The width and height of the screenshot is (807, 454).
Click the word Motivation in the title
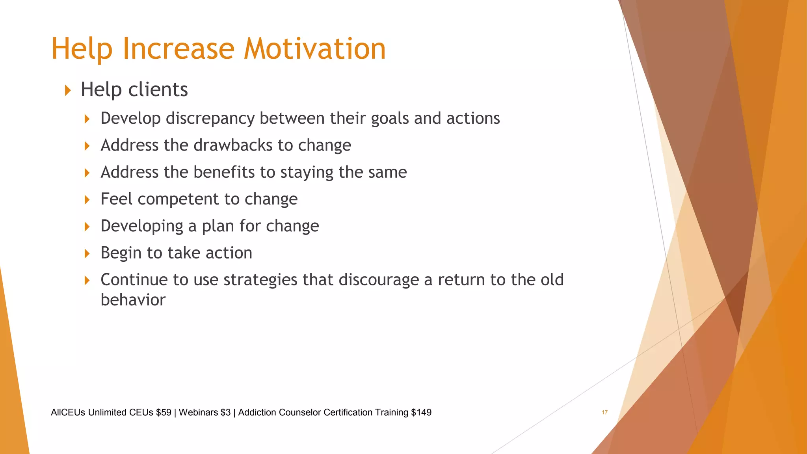coord(314,49)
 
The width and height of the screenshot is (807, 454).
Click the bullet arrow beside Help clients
coord(68,90)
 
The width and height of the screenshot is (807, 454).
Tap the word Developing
coord(142,226)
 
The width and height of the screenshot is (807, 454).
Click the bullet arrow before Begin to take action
coord(87,253)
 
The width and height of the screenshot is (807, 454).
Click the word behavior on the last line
coord(133,300)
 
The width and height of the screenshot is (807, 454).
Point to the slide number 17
coord(604,412)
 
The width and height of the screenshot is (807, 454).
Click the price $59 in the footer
coord(164,412)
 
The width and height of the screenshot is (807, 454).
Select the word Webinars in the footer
coord(198,412)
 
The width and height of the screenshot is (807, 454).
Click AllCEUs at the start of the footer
coord(68,412)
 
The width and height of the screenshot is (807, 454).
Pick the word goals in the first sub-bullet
coord(390,119)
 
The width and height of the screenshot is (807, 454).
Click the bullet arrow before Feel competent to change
coord(87,200)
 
